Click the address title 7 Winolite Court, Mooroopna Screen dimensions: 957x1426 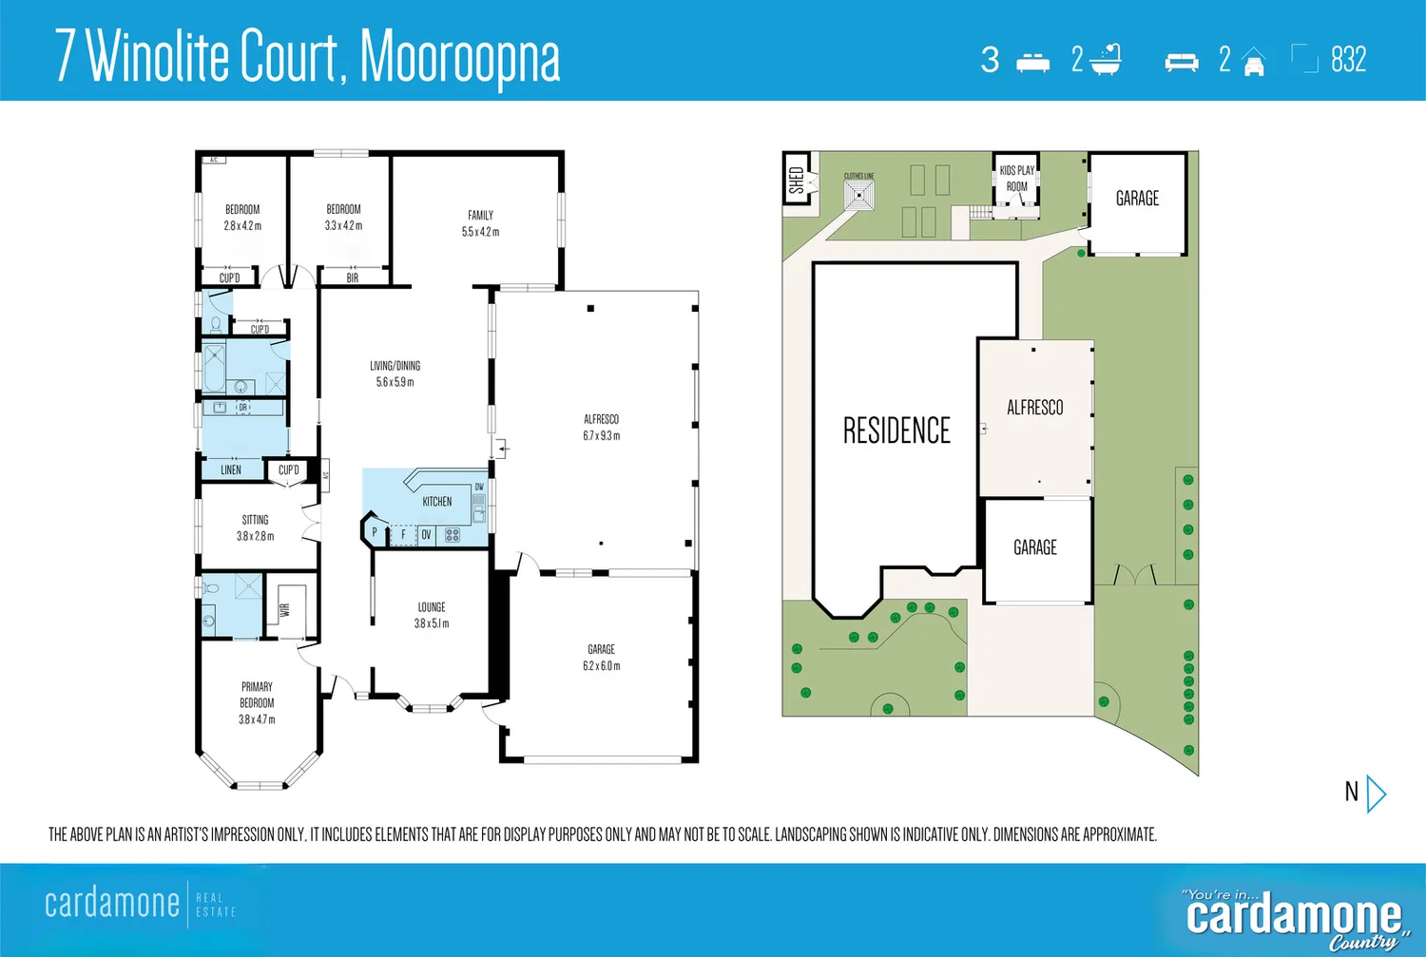point(307,56)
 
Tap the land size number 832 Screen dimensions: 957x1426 point(1348,60)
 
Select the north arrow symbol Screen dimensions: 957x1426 point(1375,793)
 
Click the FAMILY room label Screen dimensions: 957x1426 point(480,216)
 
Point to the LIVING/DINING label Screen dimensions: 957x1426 point(395,366)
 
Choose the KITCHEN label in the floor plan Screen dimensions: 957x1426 point(437,502)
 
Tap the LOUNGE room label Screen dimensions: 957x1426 point(432,607)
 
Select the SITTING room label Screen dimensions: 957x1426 point(255,520)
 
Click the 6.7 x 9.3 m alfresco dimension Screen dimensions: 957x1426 point(601,436)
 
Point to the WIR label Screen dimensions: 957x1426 point(284,609)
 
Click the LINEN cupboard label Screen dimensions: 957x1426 point(231,469)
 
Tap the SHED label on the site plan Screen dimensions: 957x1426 point(797,180)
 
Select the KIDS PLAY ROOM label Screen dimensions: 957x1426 point(1016,179)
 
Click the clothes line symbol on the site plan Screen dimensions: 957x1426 point(859,196)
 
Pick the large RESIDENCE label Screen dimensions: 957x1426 point(896,431)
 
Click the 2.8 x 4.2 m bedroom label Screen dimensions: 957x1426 point(242,226)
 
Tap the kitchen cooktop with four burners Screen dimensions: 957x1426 point(453,535)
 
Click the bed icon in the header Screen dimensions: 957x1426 point(1032,62)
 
